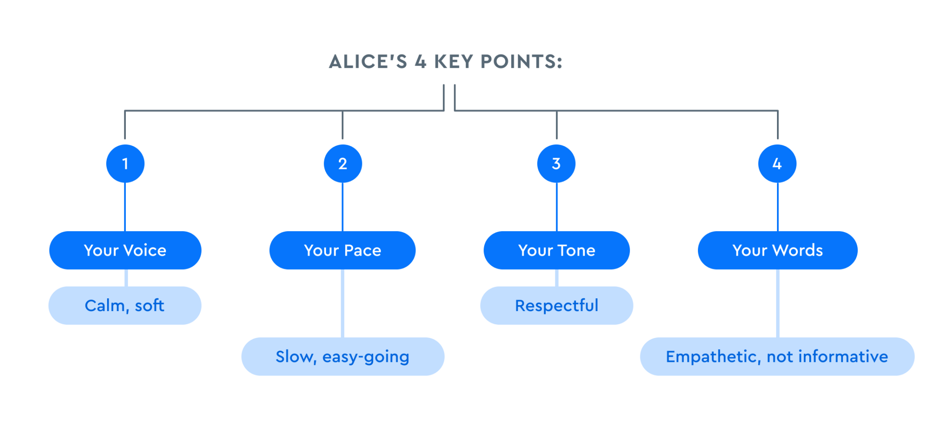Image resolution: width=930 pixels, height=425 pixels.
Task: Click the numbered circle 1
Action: click(125, 163)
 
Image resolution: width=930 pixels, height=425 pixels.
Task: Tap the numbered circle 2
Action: click(343, 163)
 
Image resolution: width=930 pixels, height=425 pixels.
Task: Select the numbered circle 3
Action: click(556, 163)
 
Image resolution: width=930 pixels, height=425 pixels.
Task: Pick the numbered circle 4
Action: click(777, 163)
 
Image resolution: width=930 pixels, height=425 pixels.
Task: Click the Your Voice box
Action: click(125, 250)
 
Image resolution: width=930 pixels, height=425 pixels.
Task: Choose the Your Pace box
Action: click(342, 250)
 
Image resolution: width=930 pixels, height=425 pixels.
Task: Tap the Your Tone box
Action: click(557, 250)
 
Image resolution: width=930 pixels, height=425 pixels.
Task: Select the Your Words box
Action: click(777, 250)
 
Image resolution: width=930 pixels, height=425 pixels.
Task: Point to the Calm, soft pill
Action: click(125, 306)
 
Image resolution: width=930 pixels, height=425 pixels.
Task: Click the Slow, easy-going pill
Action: click(343, 356)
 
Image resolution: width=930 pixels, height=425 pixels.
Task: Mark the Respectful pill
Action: click(557, 306)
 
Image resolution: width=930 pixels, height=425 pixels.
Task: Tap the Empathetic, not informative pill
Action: click(777, 356)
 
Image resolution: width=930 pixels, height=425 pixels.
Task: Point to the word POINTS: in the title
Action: click(521, 62)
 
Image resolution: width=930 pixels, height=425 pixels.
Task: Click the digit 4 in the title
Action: click(420, 62)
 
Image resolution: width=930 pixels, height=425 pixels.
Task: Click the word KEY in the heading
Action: click(453, 62)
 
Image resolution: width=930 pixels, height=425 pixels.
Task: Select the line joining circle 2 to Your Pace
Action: click(342, 207)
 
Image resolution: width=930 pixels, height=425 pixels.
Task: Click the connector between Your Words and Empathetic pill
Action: click(778, 303)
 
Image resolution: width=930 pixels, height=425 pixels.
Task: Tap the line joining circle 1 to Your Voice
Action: click(125, 207)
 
